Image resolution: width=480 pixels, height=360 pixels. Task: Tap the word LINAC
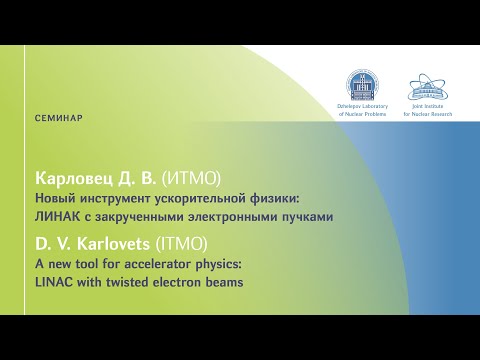[x=54, y=283]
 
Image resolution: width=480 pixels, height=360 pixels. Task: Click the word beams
[x=223, y=283]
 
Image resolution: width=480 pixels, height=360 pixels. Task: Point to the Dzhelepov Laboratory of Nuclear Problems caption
[x=357, y=109]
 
